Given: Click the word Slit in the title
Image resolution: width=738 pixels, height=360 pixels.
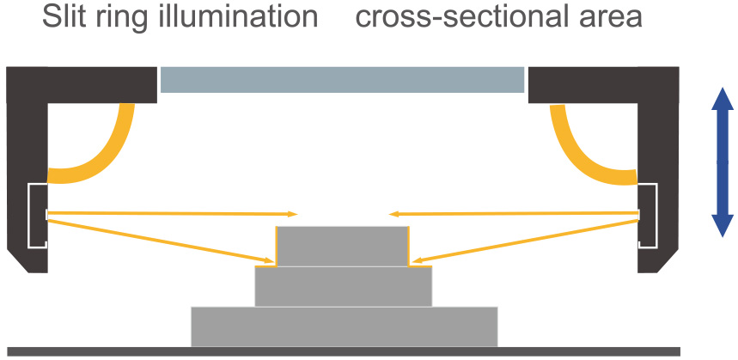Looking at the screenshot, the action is [x=63, y=17].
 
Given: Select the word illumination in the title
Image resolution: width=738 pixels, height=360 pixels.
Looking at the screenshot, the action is [x=238, y=17].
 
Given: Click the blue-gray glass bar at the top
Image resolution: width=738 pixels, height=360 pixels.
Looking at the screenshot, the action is [x=342, y=80].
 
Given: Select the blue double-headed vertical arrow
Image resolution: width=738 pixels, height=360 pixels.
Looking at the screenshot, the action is [x=723, y=162].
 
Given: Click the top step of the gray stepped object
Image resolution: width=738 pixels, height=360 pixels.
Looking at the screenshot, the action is [x=342, y=246].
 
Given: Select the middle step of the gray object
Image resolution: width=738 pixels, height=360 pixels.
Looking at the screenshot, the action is [x=343, y=287].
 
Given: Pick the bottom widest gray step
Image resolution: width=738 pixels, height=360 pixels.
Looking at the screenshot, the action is [x=344, y=326].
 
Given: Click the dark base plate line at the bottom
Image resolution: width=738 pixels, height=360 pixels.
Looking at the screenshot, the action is [x=344, y=351].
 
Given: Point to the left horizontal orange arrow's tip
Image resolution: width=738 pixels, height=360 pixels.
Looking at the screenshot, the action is [x=297, y=214].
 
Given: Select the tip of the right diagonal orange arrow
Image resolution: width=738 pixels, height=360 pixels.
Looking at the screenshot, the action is [x=411, y=260].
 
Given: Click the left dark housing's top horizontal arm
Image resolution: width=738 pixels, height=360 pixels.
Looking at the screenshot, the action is [x=82, y=85].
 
